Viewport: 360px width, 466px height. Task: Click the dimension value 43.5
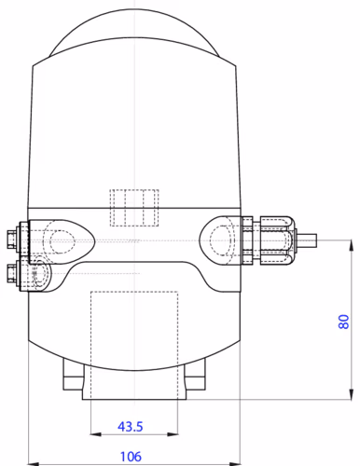coord(130,427)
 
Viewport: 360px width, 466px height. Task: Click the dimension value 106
coord(131,457)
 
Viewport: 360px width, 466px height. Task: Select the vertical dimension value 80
coord(343,322)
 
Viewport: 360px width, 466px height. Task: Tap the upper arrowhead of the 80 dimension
coord(352,245)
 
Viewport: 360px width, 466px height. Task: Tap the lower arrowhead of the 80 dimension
coord(352,394)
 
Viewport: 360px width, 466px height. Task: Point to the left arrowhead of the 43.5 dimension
coord(96,434)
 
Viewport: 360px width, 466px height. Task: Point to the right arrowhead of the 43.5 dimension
coord(173,434)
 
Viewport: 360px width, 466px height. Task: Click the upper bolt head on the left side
coord(11,240)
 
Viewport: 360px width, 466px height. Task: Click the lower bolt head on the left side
coord(11,273)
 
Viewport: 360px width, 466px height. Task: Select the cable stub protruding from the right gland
coord(306,240)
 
